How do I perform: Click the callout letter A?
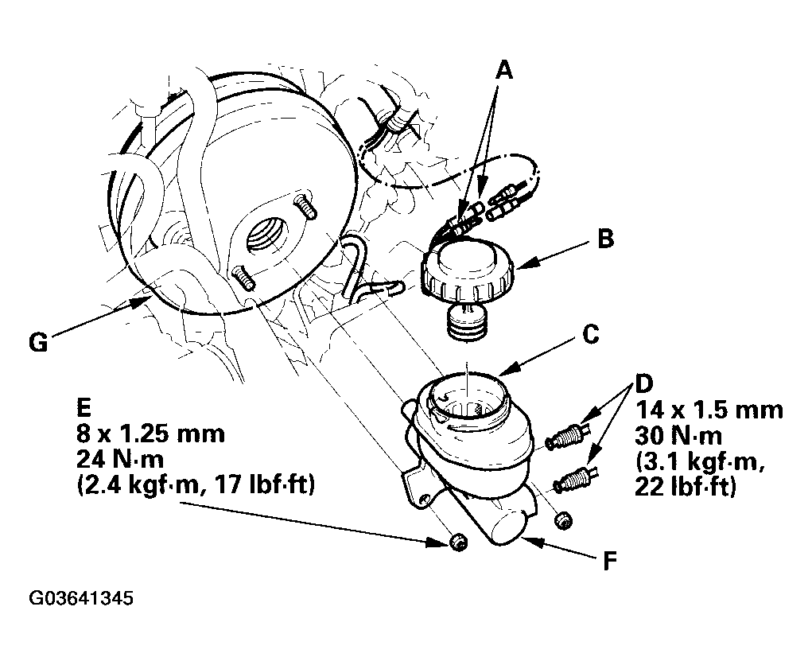pos(503,69)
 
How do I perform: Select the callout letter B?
pos(605,239)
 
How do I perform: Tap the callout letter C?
pos(590,335)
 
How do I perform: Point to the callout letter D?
pos(644,383)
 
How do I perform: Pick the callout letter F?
pos(611,560)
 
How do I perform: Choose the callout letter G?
pos(38,342)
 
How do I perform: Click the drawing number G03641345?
pos(81,598)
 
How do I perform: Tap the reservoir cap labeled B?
pos(468,273)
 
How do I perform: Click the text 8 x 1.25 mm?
pos(150,434)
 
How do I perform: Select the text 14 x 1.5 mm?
pos(709,410)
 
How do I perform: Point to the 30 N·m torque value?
pos(678,436)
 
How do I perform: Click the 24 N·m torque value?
pos(120,460)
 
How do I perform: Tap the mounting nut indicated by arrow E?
pos(457,542)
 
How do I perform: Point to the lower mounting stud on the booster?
pos(243,278)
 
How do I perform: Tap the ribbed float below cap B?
pos(467,323)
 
